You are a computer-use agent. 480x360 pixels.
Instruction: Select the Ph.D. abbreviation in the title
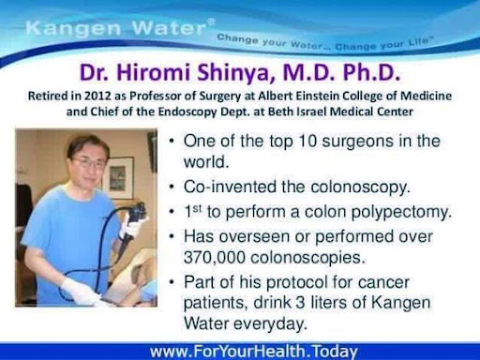tap(371, 72)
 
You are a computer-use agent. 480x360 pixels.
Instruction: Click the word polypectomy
tap(401, 212)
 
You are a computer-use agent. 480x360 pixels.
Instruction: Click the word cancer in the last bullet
tap(383, 282)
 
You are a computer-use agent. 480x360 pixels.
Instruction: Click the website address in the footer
tap(254, 352)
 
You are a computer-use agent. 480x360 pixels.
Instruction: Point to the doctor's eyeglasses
tap(88, 162)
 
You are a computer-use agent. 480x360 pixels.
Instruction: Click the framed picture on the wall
tap(119, 177)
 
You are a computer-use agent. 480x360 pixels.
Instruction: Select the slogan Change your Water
tap(270, 42)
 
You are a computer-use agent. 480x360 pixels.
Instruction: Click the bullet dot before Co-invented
tap(172, 187)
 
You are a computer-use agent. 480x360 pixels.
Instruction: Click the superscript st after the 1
tap(197, 208)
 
